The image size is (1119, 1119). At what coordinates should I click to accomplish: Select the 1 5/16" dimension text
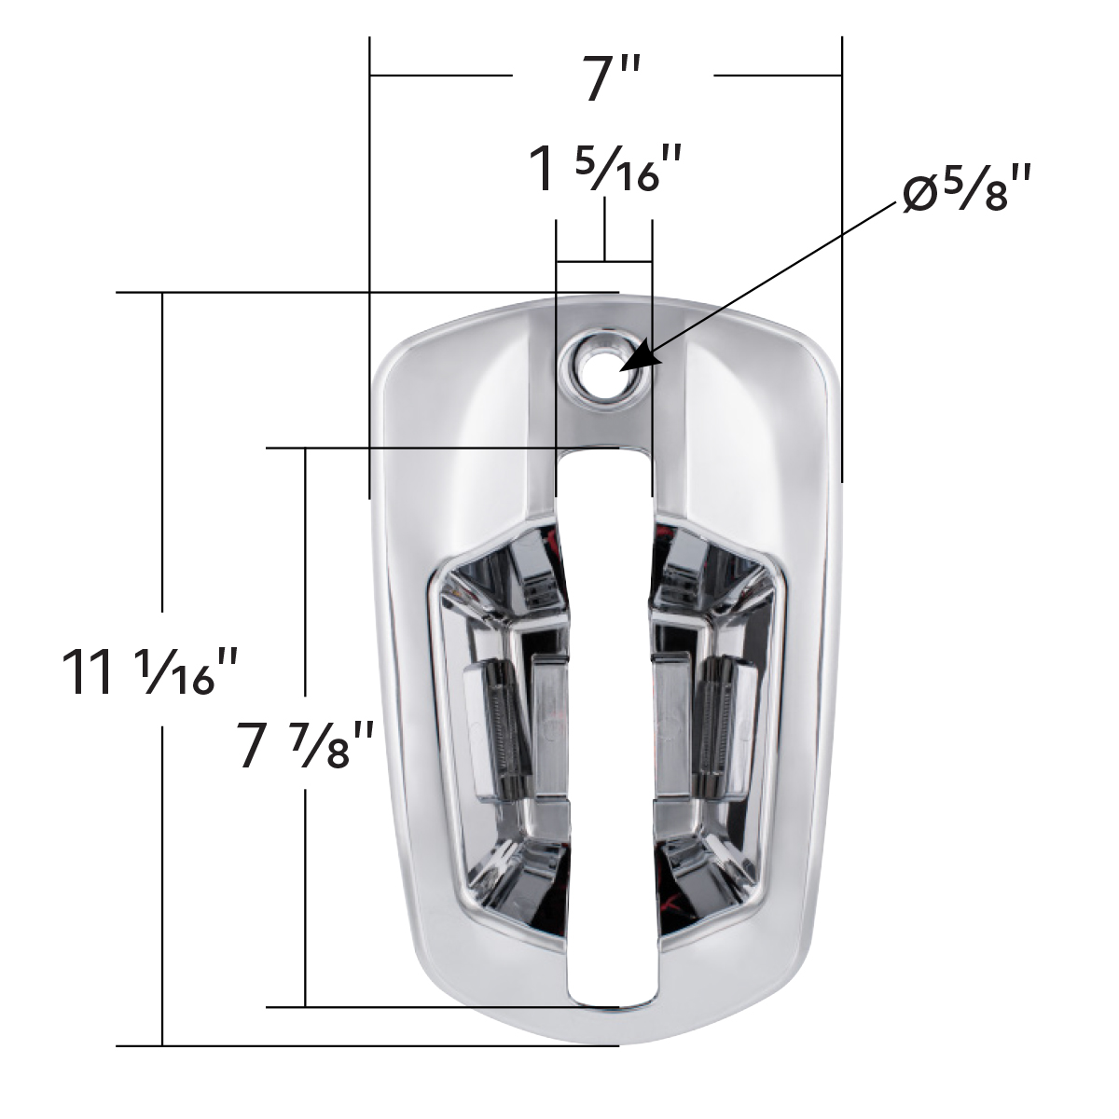[x=607, y=168]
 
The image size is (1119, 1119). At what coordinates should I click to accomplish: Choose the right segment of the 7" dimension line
[x=778, y=74]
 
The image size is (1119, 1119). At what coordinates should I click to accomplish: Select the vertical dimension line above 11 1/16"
[x=163, y=457]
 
